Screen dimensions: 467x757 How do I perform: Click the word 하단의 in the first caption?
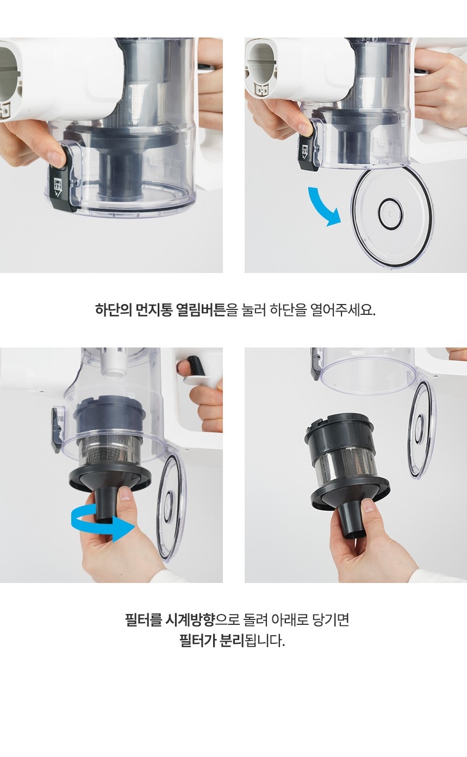[113, 310]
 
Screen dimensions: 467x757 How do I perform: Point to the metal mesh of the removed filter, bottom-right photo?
[351, 469]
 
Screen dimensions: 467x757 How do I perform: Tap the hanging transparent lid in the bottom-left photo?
[171, 507]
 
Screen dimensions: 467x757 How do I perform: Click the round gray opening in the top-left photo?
[8, 77]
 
